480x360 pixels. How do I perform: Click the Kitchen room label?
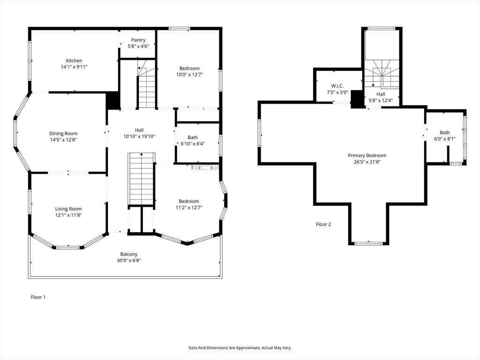click(74, 60)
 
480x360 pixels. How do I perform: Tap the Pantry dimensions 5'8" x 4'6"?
click(138, 46)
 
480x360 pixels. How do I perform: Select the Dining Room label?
click(63, 134)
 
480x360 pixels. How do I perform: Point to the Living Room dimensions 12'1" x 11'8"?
click(68, 215)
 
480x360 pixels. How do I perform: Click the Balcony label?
click(129, 254)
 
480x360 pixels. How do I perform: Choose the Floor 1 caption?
click(38, 297)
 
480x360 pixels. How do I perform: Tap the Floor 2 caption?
click(323, 224)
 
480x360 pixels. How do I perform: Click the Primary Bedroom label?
click(367, 156)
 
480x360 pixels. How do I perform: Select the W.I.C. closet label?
click(337, 86)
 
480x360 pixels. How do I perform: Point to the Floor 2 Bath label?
click(445, 133)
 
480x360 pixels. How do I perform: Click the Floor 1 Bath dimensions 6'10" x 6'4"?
click(193, 143)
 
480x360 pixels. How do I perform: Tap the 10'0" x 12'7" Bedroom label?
click(189, 68)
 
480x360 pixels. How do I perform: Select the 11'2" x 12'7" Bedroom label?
click(187, 202)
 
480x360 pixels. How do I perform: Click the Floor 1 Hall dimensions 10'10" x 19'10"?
click(139, 136)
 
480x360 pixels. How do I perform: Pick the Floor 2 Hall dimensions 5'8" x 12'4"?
click(381, 100)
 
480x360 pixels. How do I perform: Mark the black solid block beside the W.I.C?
click(358, 99)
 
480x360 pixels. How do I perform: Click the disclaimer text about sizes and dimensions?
click(240, 348)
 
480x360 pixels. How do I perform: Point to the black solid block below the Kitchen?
click(112, 100)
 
